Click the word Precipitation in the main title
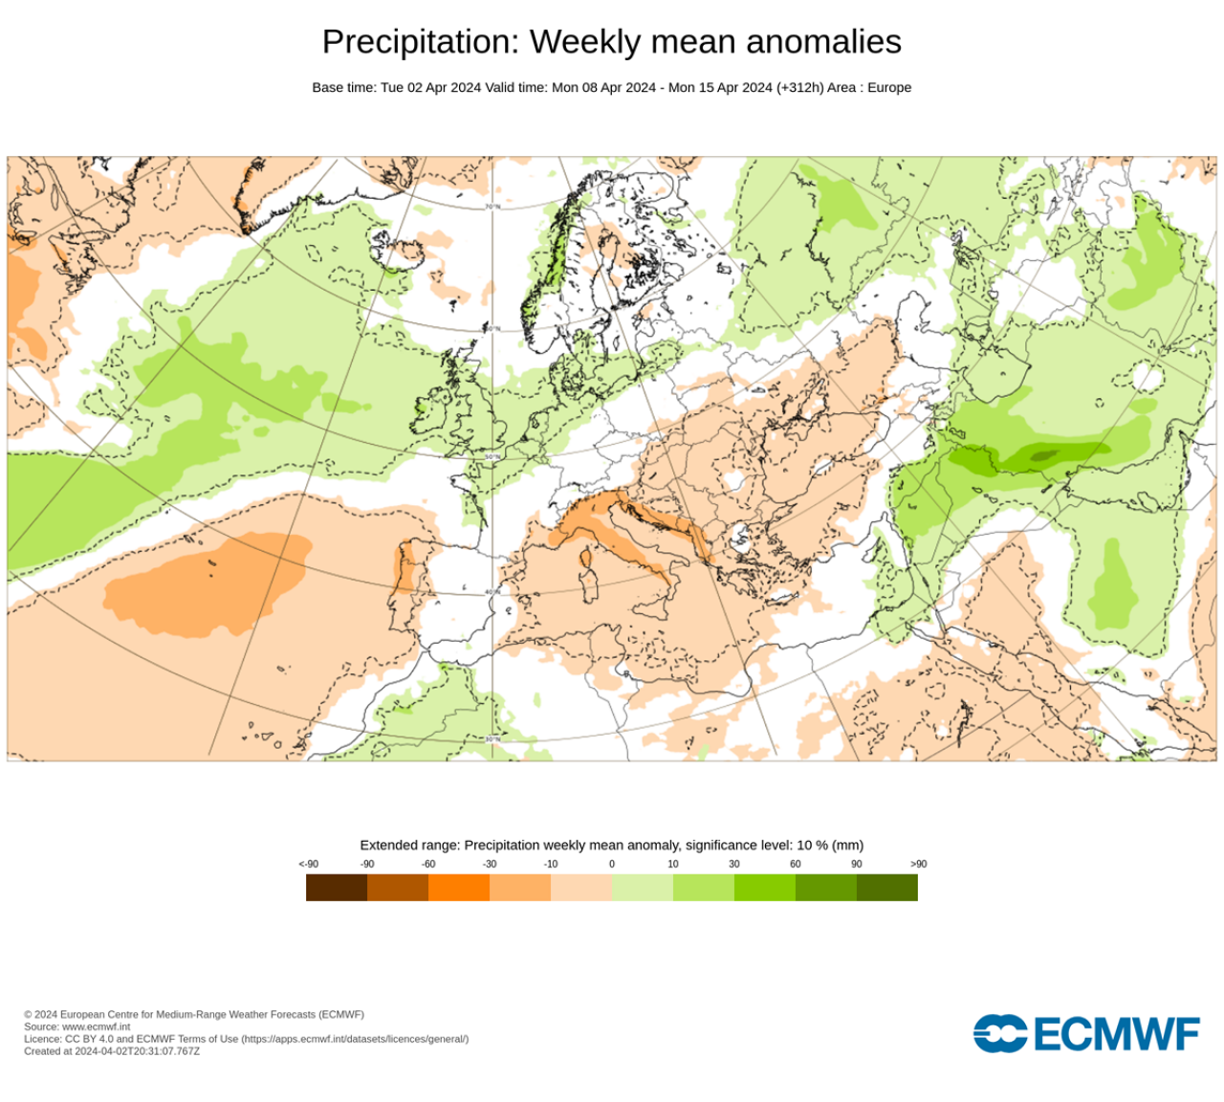(x=421, y=43)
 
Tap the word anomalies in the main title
(x=823, y=43)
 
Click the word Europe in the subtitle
(x=889, y=87)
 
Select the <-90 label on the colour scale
(x=308, y=864)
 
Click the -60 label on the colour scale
(x=428, y=864)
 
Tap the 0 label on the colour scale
(x=612, y=864)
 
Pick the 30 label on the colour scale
(x=734, y=864)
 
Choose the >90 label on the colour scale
(x=918, y=864)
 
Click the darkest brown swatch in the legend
(x=337, y=888)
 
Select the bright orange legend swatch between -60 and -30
(x=459, y=888)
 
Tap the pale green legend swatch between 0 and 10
(x=643, y=888)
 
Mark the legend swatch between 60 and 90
(x=826, y=888)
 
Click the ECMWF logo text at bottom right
(x=1116, y=1034)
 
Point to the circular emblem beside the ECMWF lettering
(x=1000, y=1034)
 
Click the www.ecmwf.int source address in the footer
(x=96, y=1026)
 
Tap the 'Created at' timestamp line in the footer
(x=112, y=1051)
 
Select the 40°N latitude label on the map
(x=492, y=592)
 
